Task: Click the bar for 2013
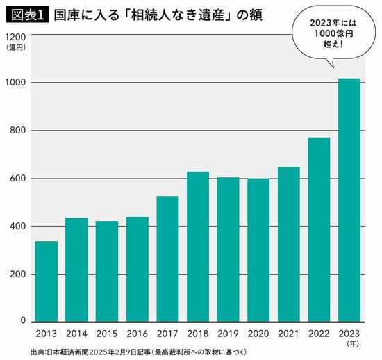point(46,281)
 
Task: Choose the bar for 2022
point(319,229)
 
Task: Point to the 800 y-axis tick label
point(18,131)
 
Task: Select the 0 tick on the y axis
point(23,321)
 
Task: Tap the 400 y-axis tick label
point(18,227)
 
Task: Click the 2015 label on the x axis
point(106,333)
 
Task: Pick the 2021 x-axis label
point(288,333)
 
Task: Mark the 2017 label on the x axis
point(167,333)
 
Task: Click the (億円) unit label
point(15,47)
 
